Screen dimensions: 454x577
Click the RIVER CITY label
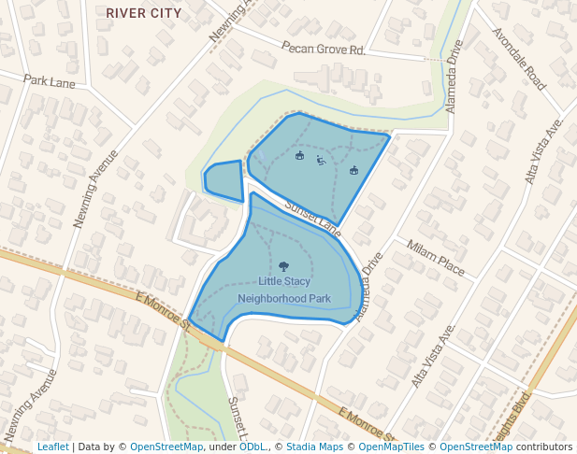(144, 13)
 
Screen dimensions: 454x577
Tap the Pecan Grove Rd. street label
(323, 49)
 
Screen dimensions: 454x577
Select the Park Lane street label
(50, 82)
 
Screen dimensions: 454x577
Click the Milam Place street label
(435, 258)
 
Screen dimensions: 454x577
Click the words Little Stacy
(284, 281)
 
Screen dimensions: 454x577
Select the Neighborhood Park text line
(284, 299)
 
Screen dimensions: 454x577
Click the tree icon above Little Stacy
(284, 266)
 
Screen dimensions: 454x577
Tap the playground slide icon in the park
(321, 161)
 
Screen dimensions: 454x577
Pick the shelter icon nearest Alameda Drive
(353, 170)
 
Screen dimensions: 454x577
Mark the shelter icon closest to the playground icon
(300, 156)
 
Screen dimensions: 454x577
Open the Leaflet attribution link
(52, 447)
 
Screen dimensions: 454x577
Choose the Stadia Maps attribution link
(314, 447)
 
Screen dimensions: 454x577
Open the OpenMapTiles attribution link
(392, 447)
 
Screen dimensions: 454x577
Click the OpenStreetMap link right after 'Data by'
(166, 447)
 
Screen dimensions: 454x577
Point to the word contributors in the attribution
(543, 447)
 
